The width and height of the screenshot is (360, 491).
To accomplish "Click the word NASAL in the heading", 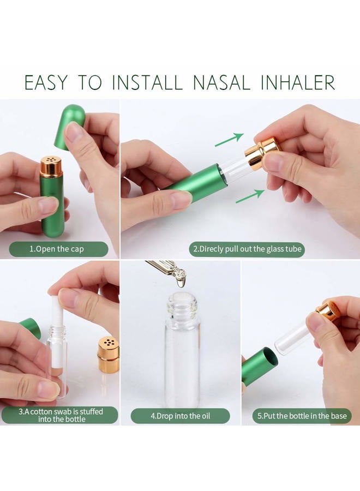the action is tap(221, 82).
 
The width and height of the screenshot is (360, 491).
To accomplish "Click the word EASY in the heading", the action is tap(46, 82).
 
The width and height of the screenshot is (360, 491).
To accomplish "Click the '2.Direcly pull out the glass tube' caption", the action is tap(247, 249).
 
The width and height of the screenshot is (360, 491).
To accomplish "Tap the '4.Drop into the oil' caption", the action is tap(181, 416).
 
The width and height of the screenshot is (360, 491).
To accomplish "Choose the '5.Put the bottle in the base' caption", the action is tap(302, 416).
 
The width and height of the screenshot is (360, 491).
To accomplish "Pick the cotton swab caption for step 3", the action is tap(61, 415).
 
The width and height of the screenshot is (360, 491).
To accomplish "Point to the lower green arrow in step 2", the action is tap(250, 196).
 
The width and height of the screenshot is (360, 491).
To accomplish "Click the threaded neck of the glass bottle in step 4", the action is tap(182, 304).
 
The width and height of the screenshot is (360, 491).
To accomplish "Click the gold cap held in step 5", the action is tap(327, 308).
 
